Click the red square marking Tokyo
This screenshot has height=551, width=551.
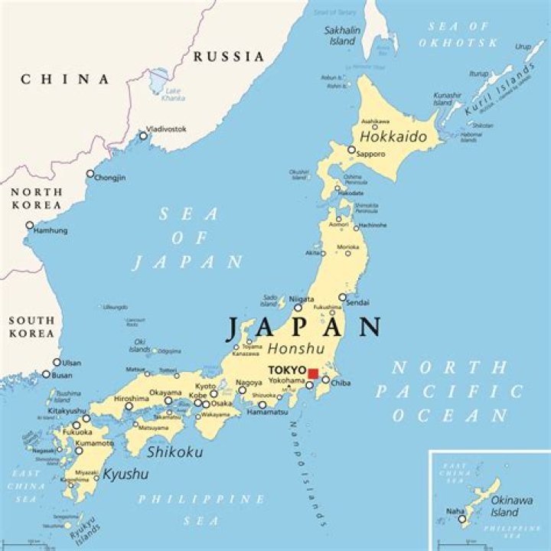[313, 373]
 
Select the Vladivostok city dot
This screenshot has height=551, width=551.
[143, 135]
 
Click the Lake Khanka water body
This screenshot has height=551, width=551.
[159, 80]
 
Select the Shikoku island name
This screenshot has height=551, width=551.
[176, 452]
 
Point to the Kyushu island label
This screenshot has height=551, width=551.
[126, 474]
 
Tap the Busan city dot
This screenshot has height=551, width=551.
[46, 375]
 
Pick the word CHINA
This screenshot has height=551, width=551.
[65, 79]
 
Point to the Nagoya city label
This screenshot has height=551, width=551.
[249, 383]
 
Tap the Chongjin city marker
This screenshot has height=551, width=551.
[90, 174]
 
